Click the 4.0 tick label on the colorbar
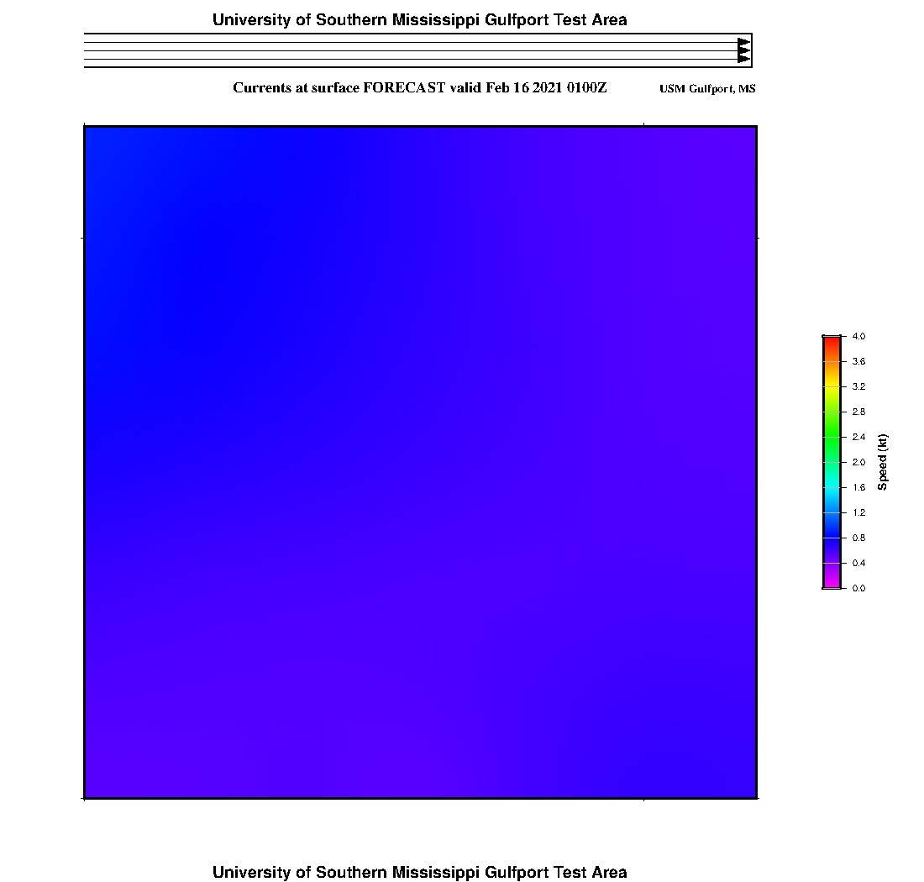(858, 336)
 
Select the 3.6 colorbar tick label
(858, 361)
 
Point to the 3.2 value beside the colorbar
(858, 386)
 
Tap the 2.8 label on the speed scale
(858, 412)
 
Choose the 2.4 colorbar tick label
(858, 437)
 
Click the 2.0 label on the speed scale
(858, 462)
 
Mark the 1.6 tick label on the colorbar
(858, 487)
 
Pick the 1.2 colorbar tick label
(858, 512)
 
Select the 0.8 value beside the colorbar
(858, 538)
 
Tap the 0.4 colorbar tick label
(858, 563)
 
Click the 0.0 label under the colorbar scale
(858, 588)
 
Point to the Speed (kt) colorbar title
(882, 462)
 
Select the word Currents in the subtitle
(261, 87)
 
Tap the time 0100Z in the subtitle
(586, 87)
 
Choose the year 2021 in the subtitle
(548, 87)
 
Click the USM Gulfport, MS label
(707, 89)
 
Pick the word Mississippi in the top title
(433, 19)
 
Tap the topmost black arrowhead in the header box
(743, 43)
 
